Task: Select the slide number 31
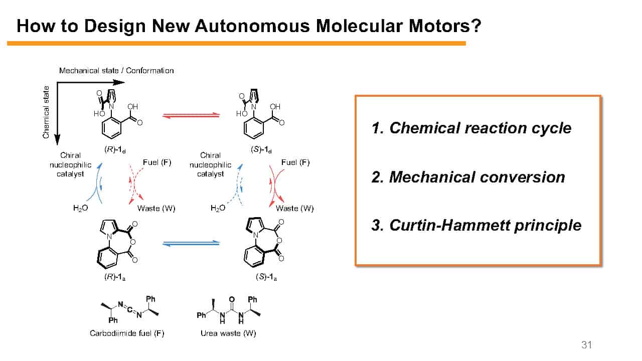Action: (x=586, y=345)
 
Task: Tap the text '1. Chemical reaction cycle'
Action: (x=471, y=128)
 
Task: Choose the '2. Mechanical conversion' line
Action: (x=468, y=177)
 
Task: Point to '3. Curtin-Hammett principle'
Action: (x=476, y=225)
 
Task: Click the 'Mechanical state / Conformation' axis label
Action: (x=116, y=71)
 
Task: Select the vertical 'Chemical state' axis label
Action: (x=46, y=112)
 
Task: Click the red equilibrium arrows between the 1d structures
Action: (x=191, y=115)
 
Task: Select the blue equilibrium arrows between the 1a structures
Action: (x=191, y=243)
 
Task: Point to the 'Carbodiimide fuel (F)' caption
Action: (x=127, y=333)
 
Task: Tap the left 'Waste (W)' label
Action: (x=156, y=208)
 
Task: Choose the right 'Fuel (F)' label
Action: (x=295, y=162)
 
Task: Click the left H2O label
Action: (x=80, y=208)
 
